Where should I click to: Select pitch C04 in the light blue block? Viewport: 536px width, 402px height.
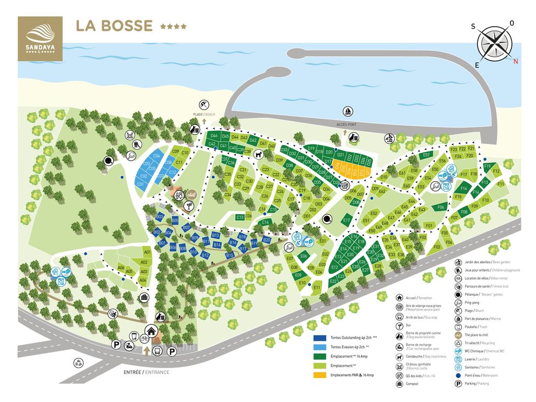coord(157,156)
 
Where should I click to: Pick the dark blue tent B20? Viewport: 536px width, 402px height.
coord(266,240)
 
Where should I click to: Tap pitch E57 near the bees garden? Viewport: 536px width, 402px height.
coord(426,155)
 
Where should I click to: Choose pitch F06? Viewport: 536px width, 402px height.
coord(441,207)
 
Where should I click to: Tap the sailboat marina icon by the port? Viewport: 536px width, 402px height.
coord(347,111)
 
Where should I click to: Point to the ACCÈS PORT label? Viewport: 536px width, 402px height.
coord(347,125)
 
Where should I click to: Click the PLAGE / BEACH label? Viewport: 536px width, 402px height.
coord(204,114)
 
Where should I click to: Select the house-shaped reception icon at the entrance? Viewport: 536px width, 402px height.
coord(152,331)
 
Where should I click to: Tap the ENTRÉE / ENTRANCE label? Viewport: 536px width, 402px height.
coord(147,372)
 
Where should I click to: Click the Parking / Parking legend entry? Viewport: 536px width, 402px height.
coord(476,384)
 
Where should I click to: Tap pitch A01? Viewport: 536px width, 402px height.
coord(147,252)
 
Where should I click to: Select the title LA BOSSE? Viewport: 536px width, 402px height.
coord(114,26)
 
